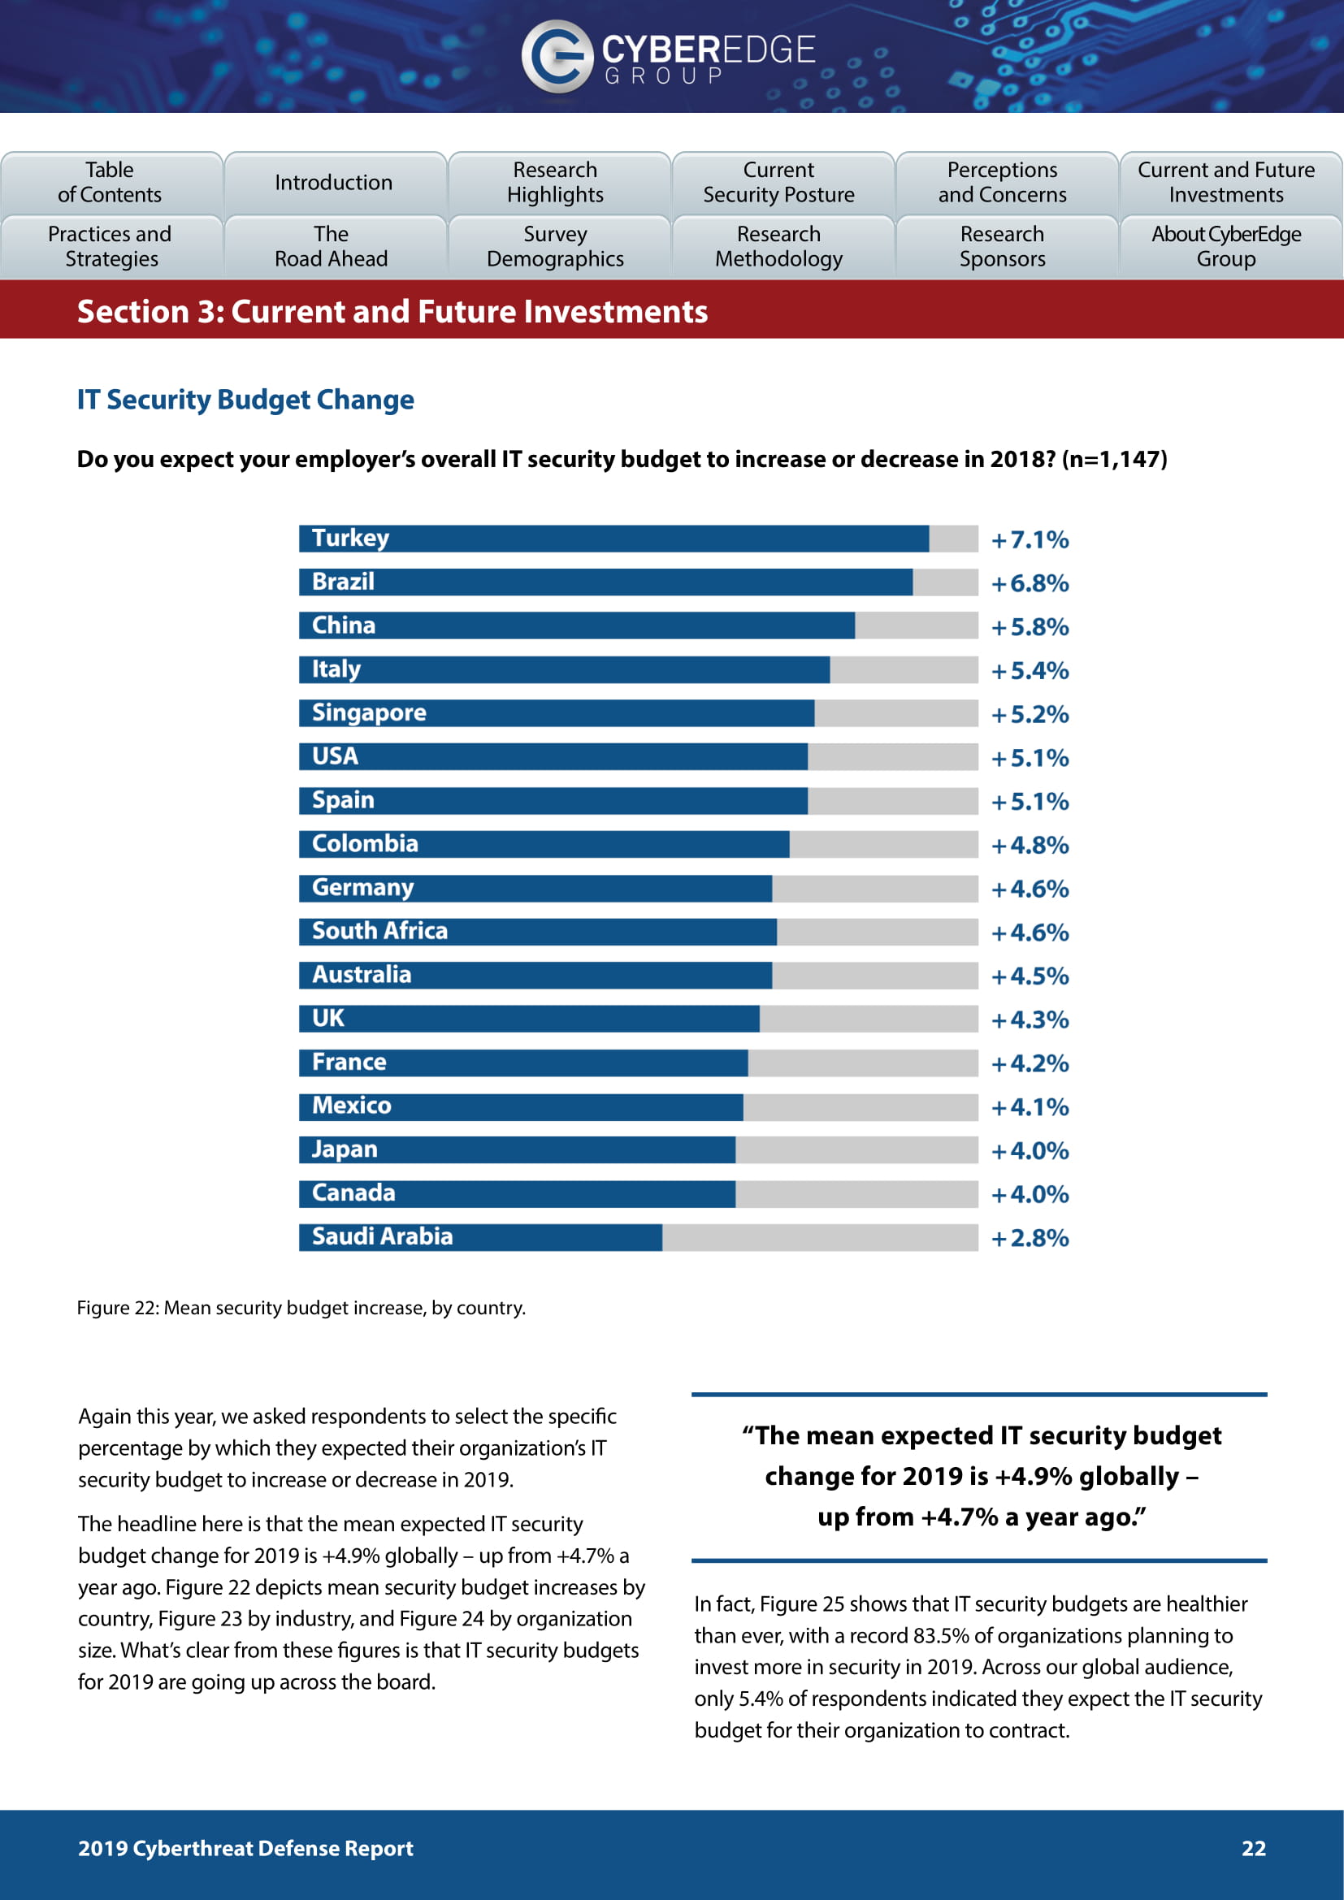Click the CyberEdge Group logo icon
point(557,55)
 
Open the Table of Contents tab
point(110,182)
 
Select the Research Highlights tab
point(555,182)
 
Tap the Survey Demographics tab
point(555,247)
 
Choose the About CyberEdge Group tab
point(1225,247)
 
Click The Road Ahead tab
point(331,247)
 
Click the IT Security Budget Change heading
point(245,400)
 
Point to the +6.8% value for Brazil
point(1030,583)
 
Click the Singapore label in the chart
point(369,712)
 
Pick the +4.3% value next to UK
point(1030,1019)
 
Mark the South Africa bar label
point(379,931)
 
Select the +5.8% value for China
point(1030,627)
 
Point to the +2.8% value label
point(1030,1238)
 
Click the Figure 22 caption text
point(301,1308)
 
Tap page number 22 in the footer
point(1253,1849)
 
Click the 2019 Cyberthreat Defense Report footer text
point(245,1849)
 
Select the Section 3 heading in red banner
point(392,312)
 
